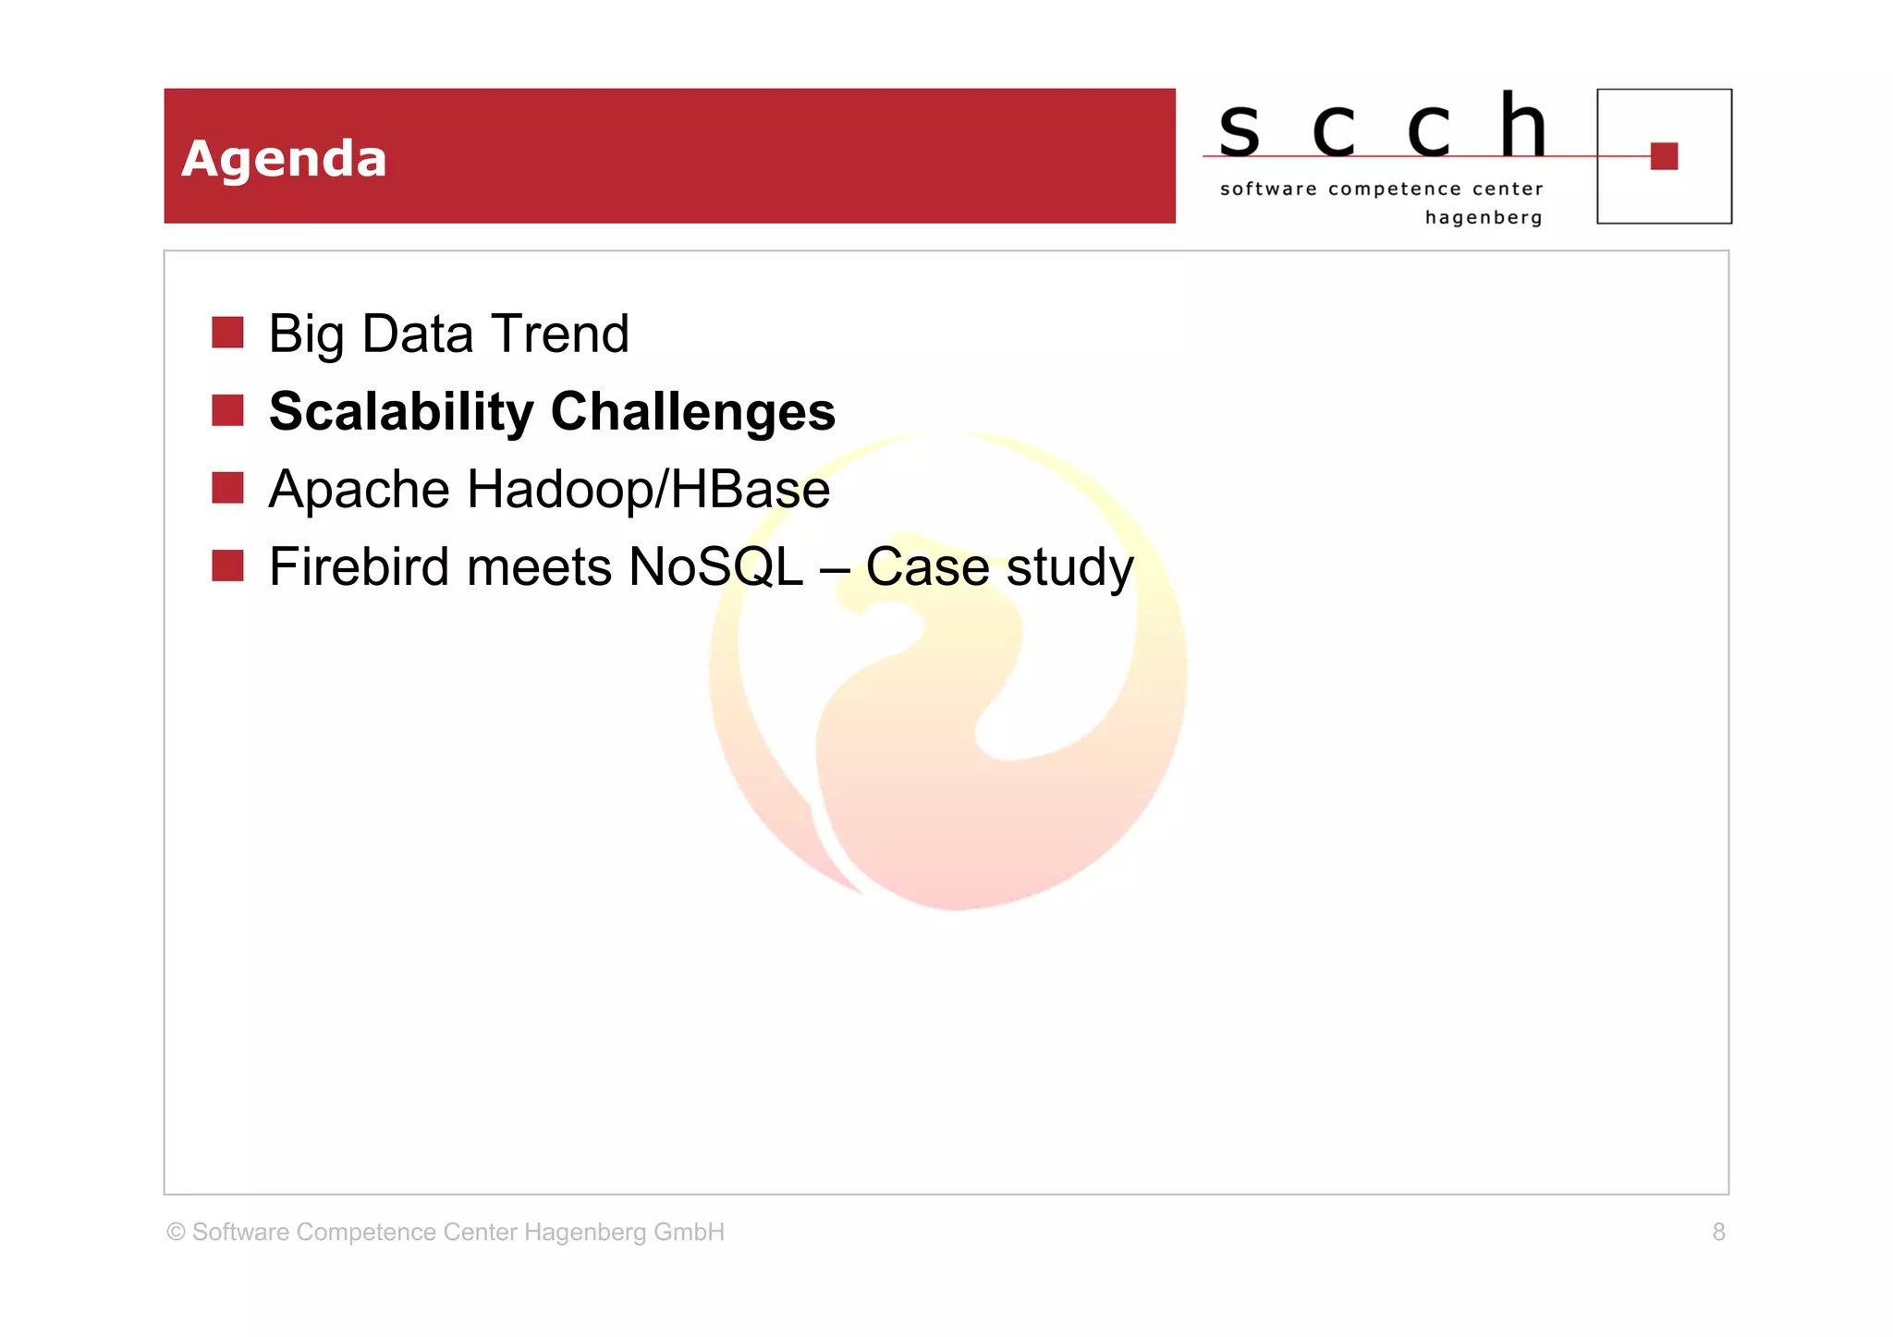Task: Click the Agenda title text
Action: (284, 159)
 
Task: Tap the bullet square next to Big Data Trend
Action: (227, 333)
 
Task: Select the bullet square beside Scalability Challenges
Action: (227, 410)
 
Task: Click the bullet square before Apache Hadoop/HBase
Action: (227, 488)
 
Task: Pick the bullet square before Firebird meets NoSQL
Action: (227, 565)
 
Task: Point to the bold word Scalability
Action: (401, 412)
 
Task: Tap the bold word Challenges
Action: (693, 412)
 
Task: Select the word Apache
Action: (359, 490)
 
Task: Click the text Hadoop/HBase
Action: (648, 490)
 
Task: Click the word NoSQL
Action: (715, 566)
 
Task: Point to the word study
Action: (1069, 568)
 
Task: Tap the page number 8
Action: (1718, 1232)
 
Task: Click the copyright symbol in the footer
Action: (176, 1232)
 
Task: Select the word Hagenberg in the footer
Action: (585, 1233)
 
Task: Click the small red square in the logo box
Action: (1664, 156)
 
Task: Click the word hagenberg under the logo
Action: (1484, 218)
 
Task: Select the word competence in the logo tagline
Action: (1395, 189)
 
